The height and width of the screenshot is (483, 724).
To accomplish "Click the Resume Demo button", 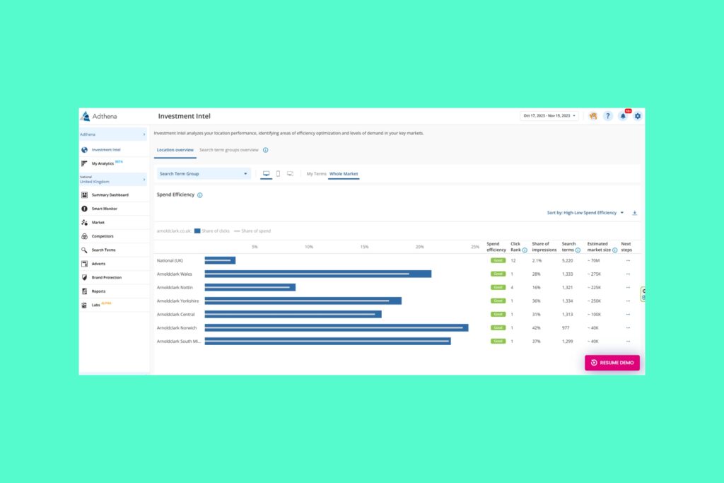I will pos(612,362).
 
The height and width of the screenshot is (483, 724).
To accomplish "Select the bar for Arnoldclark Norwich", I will pos(336,327).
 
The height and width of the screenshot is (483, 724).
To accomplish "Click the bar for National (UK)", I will pos(220,260).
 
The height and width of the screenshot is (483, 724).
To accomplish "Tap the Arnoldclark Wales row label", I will pos(174,274).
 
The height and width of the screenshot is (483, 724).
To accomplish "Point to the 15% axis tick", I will pos(364,247).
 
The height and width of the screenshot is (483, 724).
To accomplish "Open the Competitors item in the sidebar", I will pos(103,236).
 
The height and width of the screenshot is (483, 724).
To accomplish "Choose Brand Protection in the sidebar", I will pos(106,277).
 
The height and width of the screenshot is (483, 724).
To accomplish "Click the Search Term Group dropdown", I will pos(204,173).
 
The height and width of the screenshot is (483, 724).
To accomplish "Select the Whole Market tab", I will pos(344,173).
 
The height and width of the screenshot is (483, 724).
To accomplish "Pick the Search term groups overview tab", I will pos(228,150).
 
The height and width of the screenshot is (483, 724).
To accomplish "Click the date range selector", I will pos(549,116).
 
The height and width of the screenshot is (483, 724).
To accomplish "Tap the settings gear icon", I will pos(638,116).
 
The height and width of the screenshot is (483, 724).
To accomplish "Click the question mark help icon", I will pos(607,116).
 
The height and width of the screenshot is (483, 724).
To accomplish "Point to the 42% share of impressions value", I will pos(536,327).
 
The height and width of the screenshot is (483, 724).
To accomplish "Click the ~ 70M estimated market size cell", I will pos(594,260).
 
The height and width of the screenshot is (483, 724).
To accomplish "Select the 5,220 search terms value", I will pos(568,260).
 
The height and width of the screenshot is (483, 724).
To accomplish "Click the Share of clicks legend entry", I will pos(211,231).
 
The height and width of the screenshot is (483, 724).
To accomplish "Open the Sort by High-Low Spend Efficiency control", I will pos(585,212).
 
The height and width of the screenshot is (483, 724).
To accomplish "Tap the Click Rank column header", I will pos(517,247).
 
